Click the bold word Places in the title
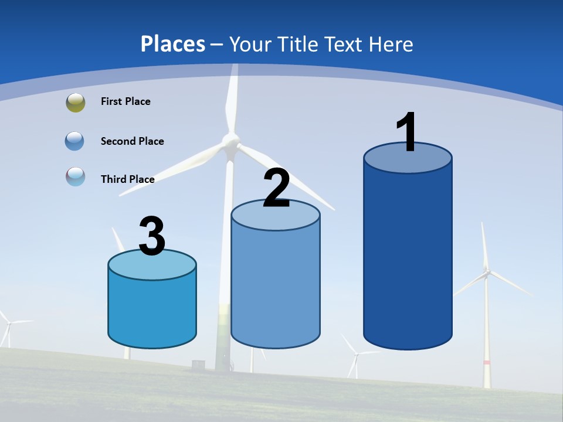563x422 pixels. tap(173, 44)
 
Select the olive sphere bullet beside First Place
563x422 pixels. tap(76, 102)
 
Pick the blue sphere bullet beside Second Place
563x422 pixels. tap(76, 141)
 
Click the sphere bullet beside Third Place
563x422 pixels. tap(76, 176)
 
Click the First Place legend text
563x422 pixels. tap(126, 101)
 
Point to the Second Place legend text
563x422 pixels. tap(132, 141)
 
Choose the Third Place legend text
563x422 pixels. tap(127, 179)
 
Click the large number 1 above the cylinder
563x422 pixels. tap(407, 132)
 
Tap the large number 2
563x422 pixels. tap(276, 188)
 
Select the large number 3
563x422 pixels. tap(152, 237)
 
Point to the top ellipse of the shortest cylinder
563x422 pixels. tap(152, 264)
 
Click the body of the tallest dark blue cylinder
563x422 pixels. tap(408, 258)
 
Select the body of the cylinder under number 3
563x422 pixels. tap(152, 311)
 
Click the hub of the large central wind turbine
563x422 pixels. tap(230, 141)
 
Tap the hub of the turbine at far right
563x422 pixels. tap(486, 271)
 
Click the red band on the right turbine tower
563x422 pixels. tap(486, 363)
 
